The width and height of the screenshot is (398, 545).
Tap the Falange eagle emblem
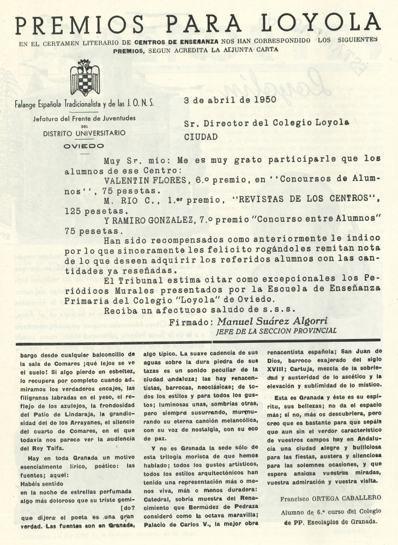[x=85, y=78]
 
